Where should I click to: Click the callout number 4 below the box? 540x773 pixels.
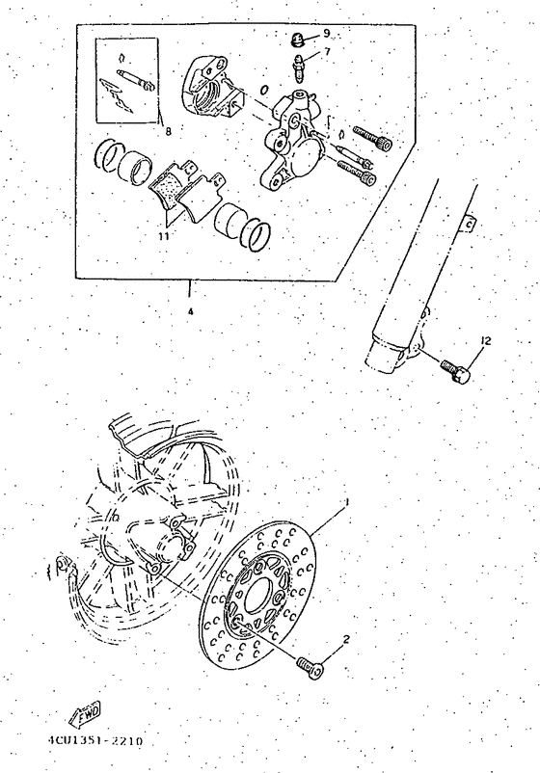pyautogui.click(x=190, y=311)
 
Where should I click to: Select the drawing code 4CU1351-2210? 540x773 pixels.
pyautogui.click(x=94, y=741)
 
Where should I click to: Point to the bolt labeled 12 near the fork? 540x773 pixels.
pyautogui.click(x=455, y=368)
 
